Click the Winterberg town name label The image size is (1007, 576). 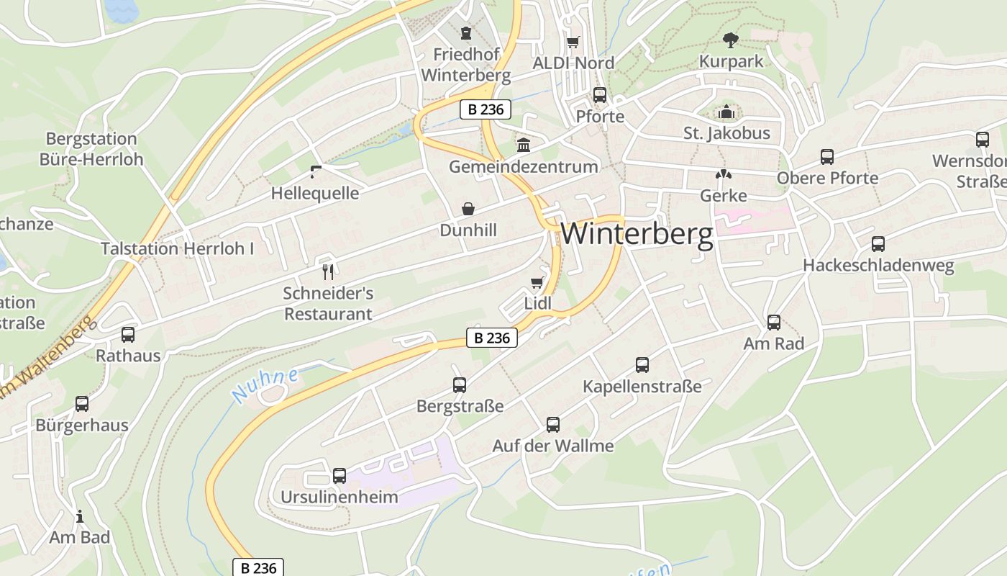coord(637,235)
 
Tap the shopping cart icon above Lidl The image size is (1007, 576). coord(537,282)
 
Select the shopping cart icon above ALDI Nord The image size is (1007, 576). coord(573,42)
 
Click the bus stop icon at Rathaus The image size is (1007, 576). coord(128,335)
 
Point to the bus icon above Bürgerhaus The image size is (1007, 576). coord(82,404)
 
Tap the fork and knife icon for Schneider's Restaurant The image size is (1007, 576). coord(328,271)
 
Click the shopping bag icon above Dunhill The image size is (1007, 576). coord(468,209)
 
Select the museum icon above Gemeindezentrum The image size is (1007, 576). coord(524,145)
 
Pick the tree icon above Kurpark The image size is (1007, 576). coord(731,40)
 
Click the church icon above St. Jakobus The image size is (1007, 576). coord(726,112)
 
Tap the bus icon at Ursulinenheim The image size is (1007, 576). coord(339,476)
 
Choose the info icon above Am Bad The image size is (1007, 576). coord(80,516)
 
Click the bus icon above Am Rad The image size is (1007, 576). coord(774,323)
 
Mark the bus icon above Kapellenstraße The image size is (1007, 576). coord(642,365)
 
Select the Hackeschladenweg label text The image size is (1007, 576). coord(878,266)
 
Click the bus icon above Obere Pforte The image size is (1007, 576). coord(827,157)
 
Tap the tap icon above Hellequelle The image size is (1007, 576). coord(315,171)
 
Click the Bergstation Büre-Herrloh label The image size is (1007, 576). coord(91,149)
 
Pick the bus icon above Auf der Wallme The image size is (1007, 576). coord(552,425)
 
